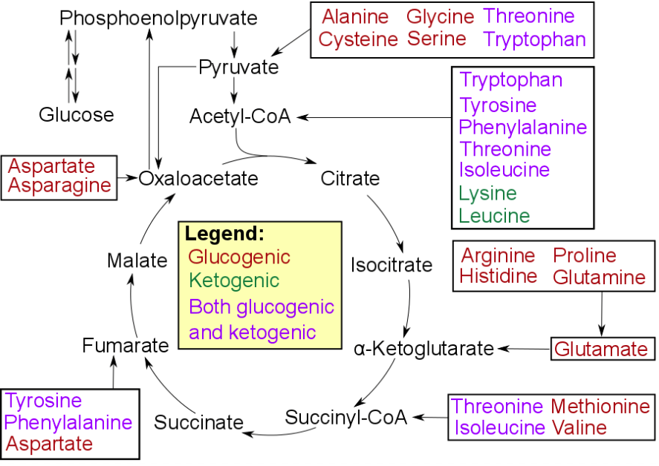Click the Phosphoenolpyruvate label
click(158, 18)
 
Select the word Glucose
click(77, 115)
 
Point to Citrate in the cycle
click(350, 179)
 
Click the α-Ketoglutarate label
click(424, 348)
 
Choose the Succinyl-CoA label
click(346, 417)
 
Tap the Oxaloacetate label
click(199, 179)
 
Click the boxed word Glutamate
click(602, 349)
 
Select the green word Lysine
click(487, 194)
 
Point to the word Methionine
click(600, 407)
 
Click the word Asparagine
click(59, 186)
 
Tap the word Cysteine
click(358, 39)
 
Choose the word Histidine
click(499, 277)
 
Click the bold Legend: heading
click(224, 234)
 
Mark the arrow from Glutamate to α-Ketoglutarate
click(524, 348)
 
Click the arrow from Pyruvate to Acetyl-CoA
click(234, 90)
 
